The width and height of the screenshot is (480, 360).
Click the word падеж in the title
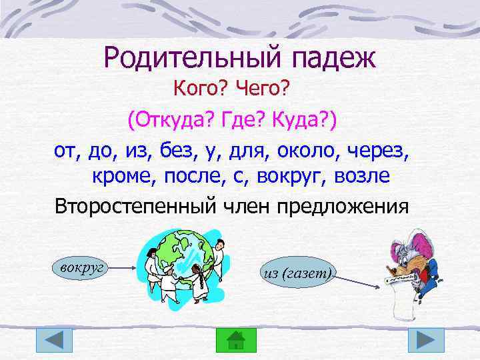coord(333,59)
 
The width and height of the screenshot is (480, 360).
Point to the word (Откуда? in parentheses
coord(165,120)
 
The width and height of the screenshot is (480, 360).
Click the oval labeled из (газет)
coord(297,273)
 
